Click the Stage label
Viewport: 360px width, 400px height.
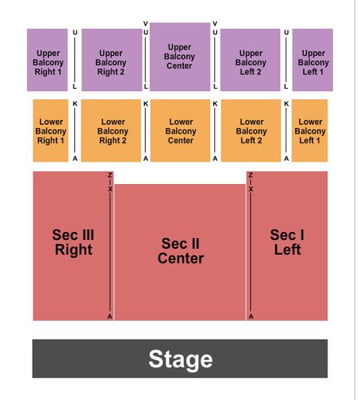click(x=181, y=359)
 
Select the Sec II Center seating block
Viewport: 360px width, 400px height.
click(x=180, y=252)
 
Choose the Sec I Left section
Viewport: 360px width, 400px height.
click(x=287, y=246)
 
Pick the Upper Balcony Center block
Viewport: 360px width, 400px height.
click(x=180, y=57)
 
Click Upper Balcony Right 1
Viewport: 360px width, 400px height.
click(x=47, y=60)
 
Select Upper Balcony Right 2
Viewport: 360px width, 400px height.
click(x=112, y=60)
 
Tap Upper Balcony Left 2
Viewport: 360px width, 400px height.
click(x=250, y=60)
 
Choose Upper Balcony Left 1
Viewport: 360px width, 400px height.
click(x=313, y=60)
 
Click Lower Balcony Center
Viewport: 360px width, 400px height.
click(x=180, y=130)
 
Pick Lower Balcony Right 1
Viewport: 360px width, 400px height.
click(x=50, y=130)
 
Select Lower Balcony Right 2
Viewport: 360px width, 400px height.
click(x=111, y=130)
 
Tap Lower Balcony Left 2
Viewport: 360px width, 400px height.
click(x=251, y=130)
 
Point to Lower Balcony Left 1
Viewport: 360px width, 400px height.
click(x=310, y=130)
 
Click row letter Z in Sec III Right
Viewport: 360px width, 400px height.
click(x=110, y=175)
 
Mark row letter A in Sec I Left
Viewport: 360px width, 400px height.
click(x=251, y=317)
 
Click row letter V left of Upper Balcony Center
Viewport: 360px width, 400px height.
click(x=146, y=24)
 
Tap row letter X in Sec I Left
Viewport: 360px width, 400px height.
click(x=251, y=189)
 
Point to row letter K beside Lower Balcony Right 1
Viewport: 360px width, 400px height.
click(x=75, y=104)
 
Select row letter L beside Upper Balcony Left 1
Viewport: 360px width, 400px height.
click(x=286, y=86)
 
